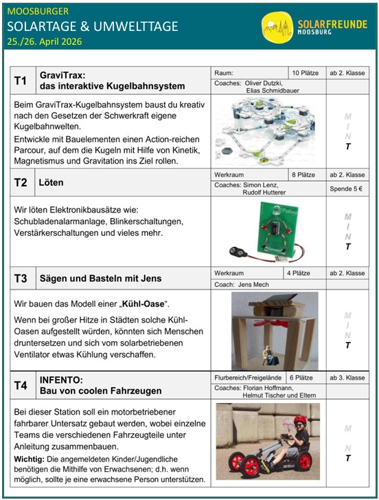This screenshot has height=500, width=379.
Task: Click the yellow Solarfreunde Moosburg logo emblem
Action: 277,27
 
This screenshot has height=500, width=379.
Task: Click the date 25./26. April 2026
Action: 44,42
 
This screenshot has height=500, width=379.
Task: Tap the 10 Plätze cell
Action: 307,73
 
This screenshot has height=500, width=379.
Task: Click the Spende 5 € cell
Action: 347,188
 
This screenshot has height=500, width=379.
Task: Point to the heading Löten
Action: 51,183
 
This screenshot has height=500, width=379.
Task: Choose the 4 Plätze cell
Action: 305,273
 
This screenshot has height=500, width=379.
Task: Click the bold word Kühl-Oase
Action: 143,304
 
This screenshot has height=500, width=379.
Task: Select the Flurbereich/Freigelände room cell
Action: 249,378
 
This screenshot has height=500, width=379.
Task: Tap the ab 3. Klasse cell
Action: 347,378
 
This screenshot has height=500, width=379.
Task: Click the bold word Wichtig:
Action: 30,459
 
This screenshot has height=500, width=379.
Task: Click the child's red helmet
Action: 300,420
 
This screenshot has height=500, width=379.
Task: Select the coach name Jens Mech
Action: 253,285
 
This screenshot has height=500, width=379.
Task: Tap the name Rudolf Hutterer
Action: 264,193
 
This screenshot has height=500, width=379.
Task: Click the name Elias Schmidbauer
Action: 273,91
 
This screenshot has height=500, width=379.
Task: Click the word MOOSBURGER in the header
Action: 38,12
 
